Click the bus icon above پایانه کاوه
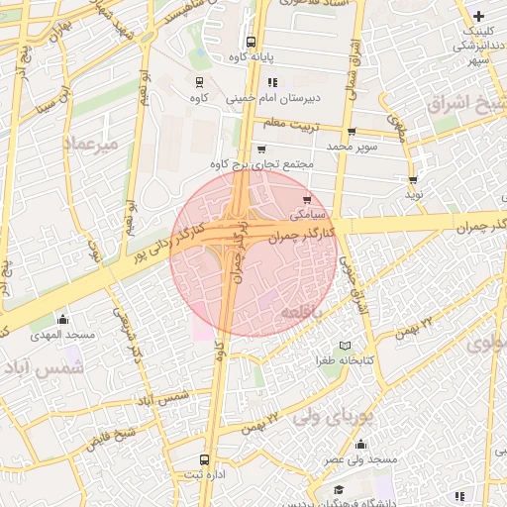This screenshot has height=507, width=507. coord(250,43)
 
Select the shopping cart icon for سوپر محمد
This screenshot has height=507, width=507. coord(352,132)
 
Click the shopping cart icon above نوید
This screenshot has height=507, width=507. coord(413,180)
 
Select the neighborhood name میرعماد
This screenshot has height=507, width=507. coord(90,145)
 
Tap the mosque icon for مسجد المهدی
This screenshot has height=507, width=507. coord(63,319)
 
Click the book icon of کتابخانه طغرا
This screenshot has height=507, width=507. coord(345,345)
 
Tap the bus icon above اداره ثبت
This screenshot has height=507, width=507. coord(205,460)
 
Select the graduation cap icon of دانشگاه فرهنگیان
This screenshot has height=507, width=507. coord(338,490)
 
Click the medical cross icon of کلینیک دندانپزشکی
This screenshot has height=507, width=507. coord(479,17)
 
